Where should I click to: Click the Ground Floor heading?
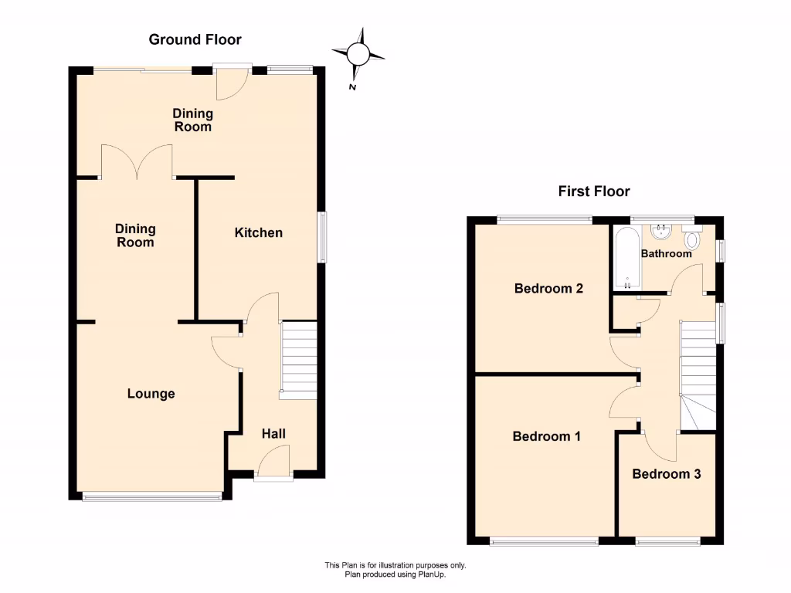(x=195, y=39)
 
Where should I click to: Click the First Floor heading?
(x=594, y=191)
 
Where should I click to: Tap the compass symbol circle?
(x=358, y=53)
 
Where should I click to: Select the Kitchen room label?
(x=259, y=232)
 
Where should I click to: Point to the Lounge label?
(x=151, y=394)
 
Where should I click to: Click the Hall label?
(x=273, y=434)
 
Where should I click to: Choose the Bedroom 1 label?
(x=547, y=436)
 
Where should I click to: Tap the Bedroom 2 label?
(x=548, y=289)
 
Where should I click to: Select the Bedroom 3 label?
(x=667, y=474)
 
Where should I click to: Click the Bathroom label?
(x=666, y=253)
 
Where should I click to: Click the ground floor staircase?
(x=298, y=360)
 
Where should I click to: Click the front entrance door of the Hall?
(x=273, y=466)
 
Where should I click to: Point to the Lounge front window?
(x=151, y=496)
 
